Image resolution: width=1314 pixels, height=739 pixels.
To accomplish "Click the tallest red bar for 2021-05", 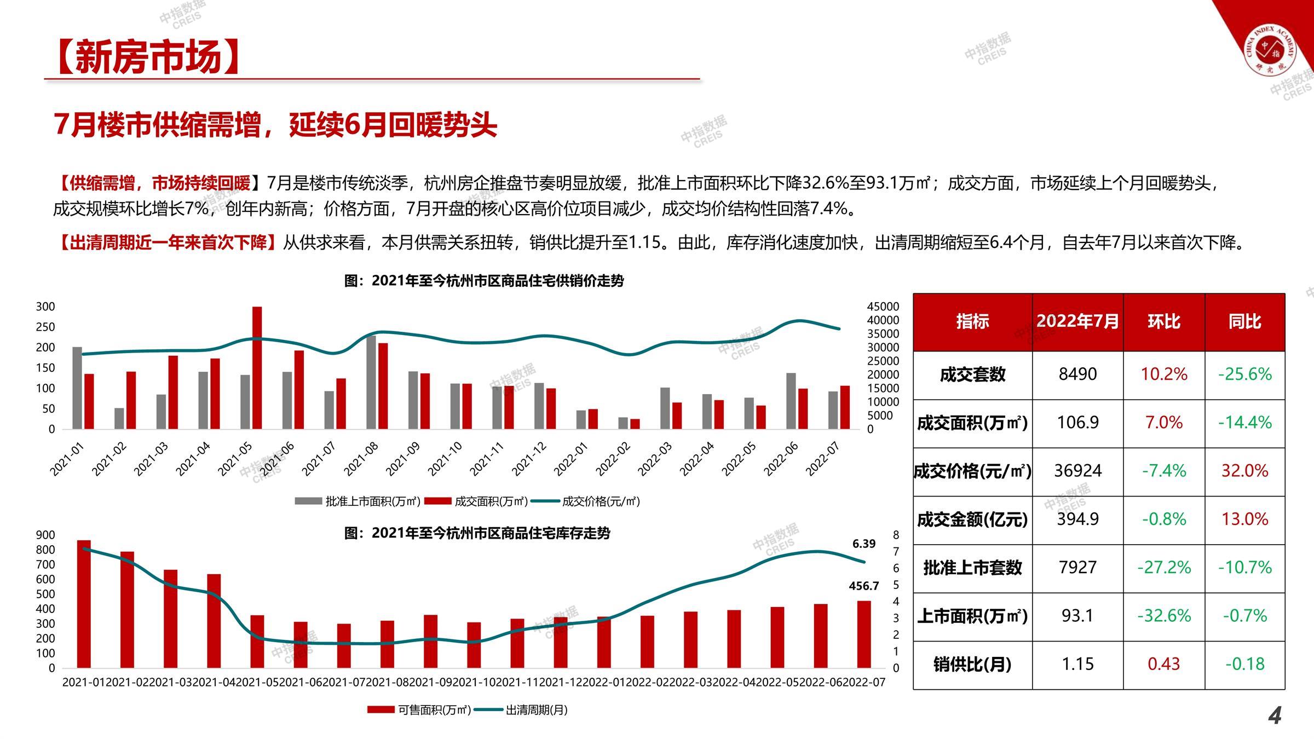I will [257, 368].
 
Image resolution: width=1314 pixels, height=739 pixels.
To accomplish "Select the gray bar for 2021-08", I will [371, 382].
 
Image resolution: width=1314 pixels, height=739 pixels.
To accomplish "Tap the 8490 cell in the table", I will [1077, 374].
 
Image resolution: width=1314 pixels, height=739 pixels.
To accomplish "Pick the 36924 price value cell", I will [1077, 471].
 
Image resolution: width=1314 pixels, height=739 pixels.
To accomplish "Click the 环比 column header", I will [1164, 321].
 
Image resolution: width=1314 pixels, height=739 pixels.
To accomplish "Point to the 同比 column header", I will [1244, 321].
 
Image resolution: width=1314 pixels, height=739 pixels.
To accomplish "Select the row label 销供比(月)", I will [972, 665].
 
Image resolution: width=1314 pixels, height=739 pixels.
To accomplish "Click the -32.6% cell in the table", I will [1164, 616].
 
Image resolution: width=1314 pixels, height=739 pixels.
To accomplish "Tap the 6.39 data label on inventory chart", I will [864, 544].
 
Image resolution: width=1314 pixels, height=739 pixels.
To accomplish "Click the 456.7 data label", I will [864, 586].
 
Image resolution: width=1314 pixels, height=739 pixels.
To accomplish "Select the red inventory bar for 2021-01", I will [84, 604].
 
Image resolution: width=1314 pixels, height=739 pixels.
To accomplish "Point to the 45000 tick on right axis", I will [883, 307].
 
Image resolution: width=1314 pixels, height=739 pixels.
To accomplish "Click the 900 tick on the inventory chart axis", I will [45, 535].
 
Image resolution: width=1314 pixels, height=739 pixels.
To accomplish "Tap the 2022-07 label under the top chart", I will [823, 459].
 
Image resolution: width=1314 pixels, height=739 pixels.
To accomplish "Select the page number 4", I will [1275, 715].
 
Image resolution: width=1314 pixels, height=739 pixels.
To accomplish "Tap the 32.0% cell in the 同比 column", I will [1244, 471].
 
